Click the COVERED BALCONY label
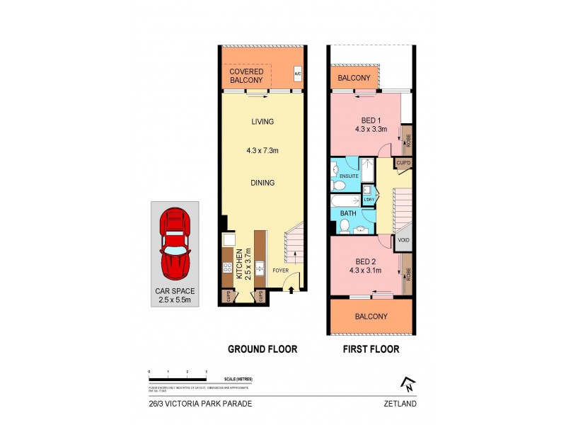tap(246, 76)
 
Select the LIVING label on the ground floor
tap(262, 122)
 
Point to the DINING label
tap(262, 183)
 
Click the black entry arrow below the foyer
tap(291, 290)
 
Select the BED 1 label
tap(367, 120)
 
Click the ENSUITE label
tap(349, 175)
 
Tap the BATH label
tap(348, 212)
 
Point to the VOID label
tap(403, 239)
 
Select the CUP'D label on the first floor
tap(403, 163)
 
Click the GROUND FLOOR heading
tap(262, 349)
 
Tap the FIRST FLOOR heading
tap(370, 349)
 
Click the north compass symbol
tap(408, 384)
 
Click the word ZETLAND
tap(401, 404)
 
